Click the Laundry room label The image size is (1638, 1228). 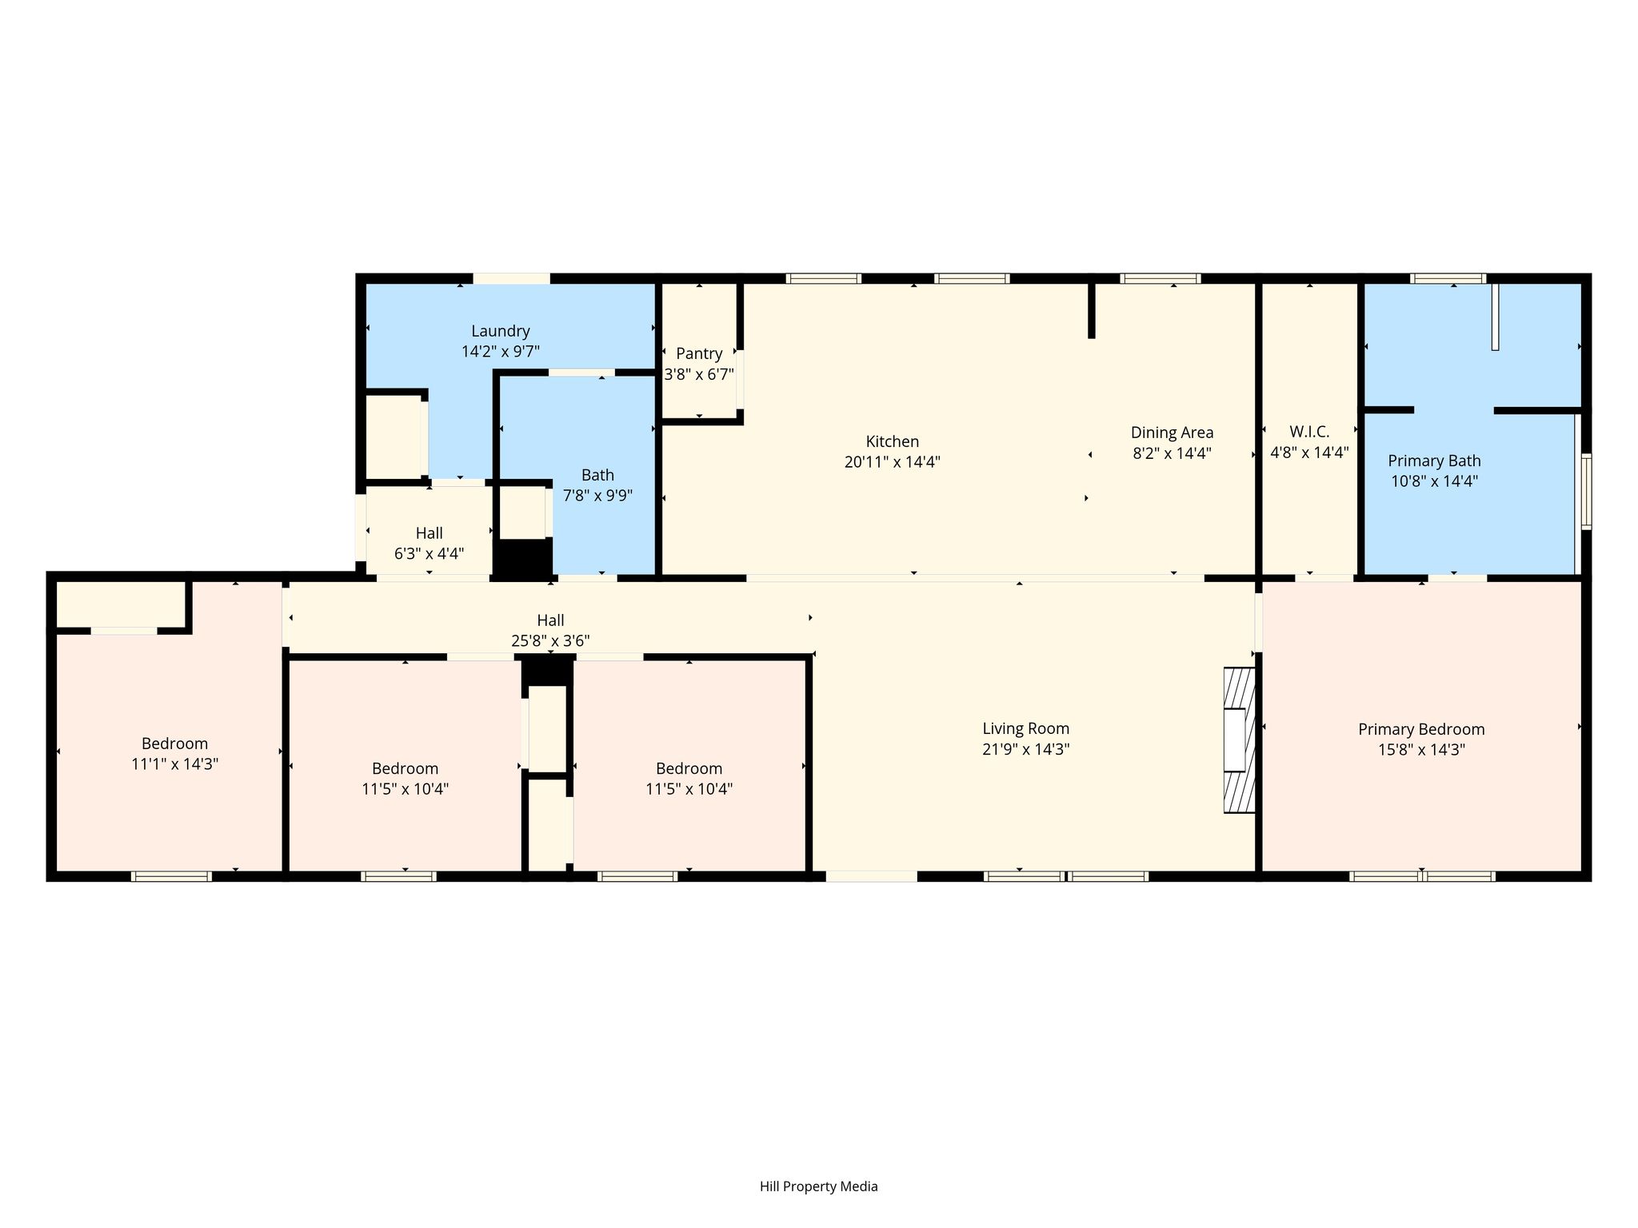pos(501,331)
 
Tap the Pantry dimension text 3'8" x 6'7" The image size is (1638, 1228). pos(699,374)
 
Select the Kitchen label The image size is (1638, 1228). pos(893,441)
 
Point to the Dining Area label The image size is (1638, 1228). pos(1172,433)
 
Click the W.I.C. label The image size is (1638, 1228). pos(1309,432)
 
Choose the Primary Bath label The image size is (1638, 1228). pos(1434,461)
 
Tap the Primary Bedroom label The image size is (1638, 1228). pos(1421,729)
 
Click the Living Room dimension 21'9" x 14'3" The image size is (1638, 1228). pos(1025,749)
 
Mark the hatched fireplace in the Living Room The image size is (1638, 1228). pos(1239,740)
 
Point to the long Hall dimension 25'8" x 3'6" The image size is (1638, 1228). pos(550,640)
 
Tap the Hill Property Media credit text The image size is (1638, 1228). pos(818,1186)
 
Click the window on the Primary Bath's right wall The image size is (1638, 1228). pos(1586,491)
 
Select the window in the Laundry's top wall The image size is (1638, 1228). pos(511,278)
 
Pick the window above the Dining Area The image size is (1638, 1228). pos(1161,278)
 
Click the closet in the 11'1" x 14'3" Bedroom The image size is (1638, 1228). pos(120,604)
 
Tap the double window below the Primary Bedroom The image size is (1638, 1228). pos(1422,876)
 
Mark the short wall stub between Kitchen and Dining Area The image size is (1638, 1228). pos(1091,310)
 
